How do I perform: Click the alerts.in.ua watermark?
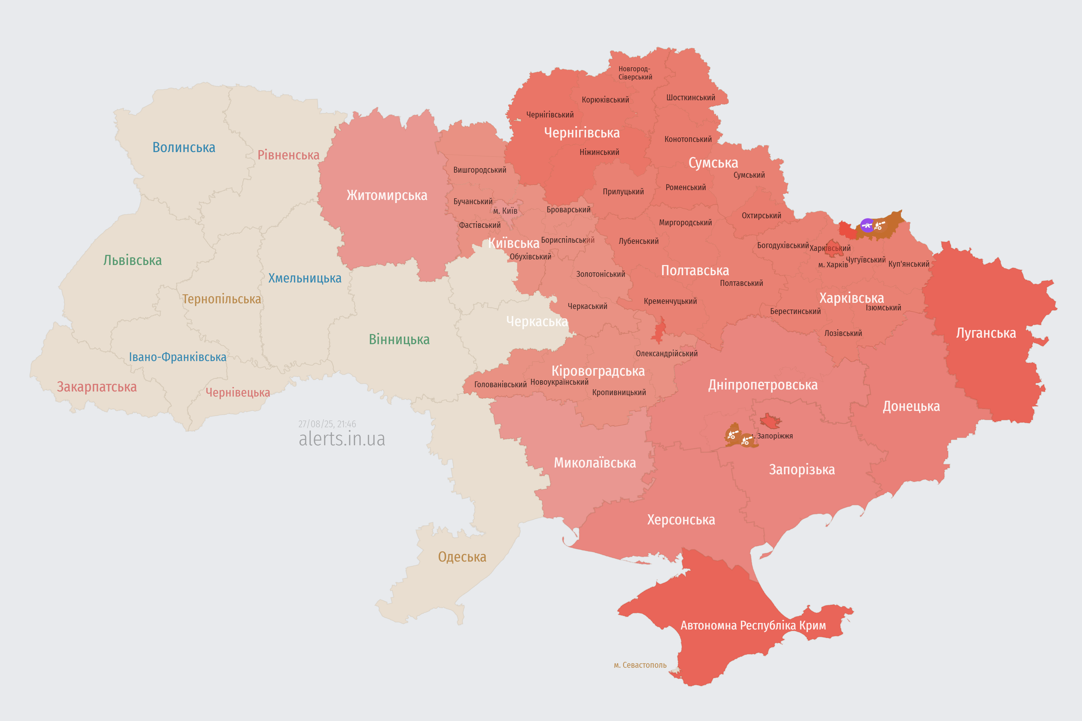pos(342,439)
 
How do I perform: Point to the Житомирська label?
pos(387,195)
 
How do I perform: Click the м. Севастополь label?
pos(640,665)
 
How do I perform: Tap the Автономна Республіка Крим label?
pos(753,625)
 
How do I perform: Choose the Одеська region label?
pos(462,557)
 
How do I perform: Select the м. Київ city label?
pos(505,211)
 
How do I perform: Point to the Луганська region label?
pos(986,333)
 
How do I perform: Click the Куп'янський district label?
pos(908,264)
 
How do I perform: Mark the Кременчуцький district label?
pos(670,301)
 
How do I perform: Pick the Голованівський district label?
pos(500,384)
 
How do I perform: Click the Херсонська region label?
pos(681,520)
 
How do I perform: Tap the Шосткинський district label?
pos(691,97)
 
